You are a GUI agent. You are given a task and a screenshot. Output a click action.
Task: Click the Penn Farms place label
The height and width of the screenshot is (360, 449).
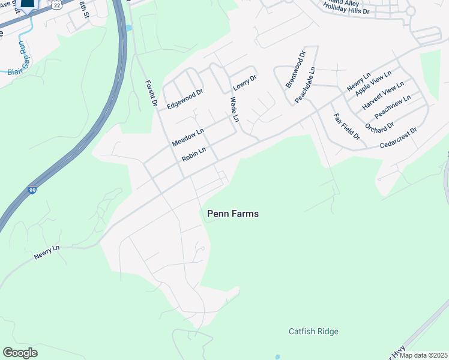(232, 213)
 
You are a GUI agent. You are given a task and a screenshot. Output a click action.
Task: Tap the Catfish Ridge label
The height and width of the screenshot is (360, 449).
(313, 331)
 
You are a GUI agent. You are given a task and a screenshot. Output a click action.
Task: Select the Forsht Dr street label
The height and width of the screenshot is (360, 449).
(151, 94)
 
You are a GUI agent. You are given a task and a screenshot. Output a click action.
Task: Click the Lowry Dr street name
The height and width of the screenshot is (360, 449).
(245, 82)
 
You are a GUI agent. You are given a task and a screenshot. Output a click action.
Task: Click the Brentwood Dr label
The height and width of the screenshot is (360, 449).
(295, 69)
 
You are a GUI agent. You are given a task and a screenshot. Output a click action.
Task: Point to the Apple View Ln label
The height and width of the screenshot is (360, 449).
(373, 83)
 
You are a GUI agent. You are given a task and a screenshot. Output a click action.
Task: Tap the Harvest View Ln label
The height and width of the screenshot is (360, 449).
(383, 96)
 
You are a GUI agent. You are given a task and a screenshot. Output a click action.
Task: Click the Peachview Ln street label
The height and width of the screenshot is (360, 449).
(392, 106)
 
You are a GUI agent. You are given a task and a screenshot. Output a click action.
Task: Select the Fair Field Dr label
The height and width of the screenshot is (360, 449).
(346, 127)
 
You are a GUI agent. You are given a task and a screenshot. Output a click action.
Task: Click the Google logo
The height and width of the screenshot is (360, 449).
(20, 352)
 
